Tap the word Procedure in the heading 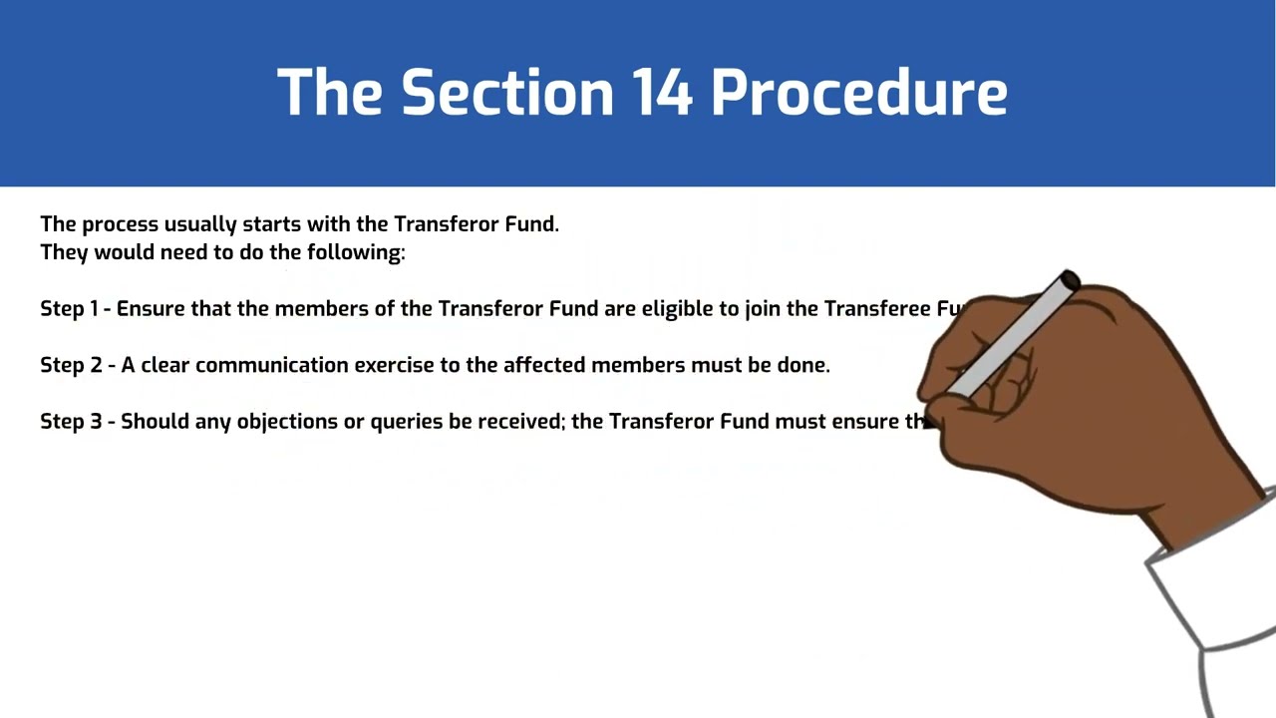[x=858, y=93]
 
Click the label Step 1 [x=69, y=309]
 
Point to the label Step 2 [x=70, y=365]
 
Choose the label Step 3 [x=70, y=422]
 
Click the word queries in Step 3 [x=407, y=422]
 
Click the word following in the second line [x=355, y=252]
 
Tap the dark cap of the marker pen [x=1069, y=281]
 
